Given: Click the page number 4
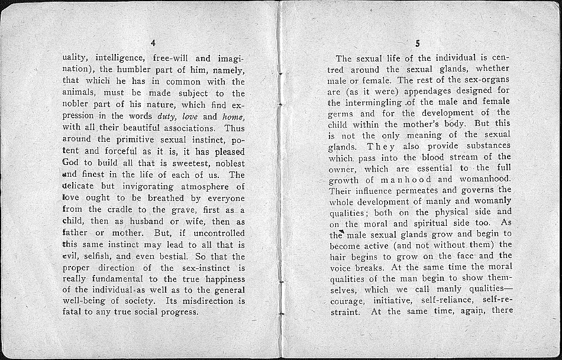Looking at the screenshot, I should pos(153,43).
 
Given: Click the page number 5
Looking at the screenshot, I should pos(418,43).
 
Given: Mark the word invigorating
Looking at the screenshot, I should pos(140,186).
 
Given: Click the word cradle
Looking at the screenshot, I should pos(125,209).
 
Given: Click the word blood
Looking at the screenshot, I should pos(437,157).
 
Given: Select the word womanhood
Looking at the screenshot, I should pos(485,179).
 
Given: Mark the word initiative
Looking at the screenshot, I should pos(392,301).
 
